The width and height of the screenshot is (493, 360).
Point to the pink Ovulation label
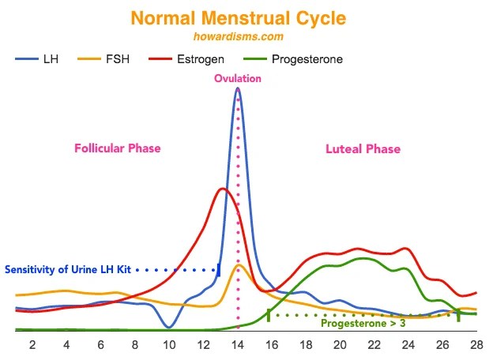[238, 79]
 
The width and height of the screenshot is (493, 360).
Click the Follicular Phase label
[117, 148]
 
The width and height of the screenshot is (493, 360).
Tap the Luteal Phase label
[363, 148]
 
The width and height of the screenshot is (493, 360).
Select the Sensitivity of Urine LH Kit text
[69, 269]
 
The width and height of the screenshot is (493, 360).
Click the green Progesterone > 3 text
[363, 322]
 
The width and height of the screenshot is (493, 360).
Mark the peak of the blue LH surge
[238, 89]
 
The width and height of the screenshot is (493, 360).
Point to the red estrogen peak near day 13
[222, 189]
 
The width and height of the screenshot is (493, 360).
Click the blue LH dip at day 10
[169, 326]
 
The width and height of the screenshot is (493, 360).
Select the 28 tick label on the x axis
[476, 345]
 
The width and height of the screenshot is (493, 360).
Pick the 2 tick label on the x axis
[32, 345]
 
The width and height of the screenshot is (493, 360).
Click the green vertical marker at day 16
[269, 315]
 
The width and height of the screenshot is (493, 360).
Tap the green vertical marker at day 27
[458, 315]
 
